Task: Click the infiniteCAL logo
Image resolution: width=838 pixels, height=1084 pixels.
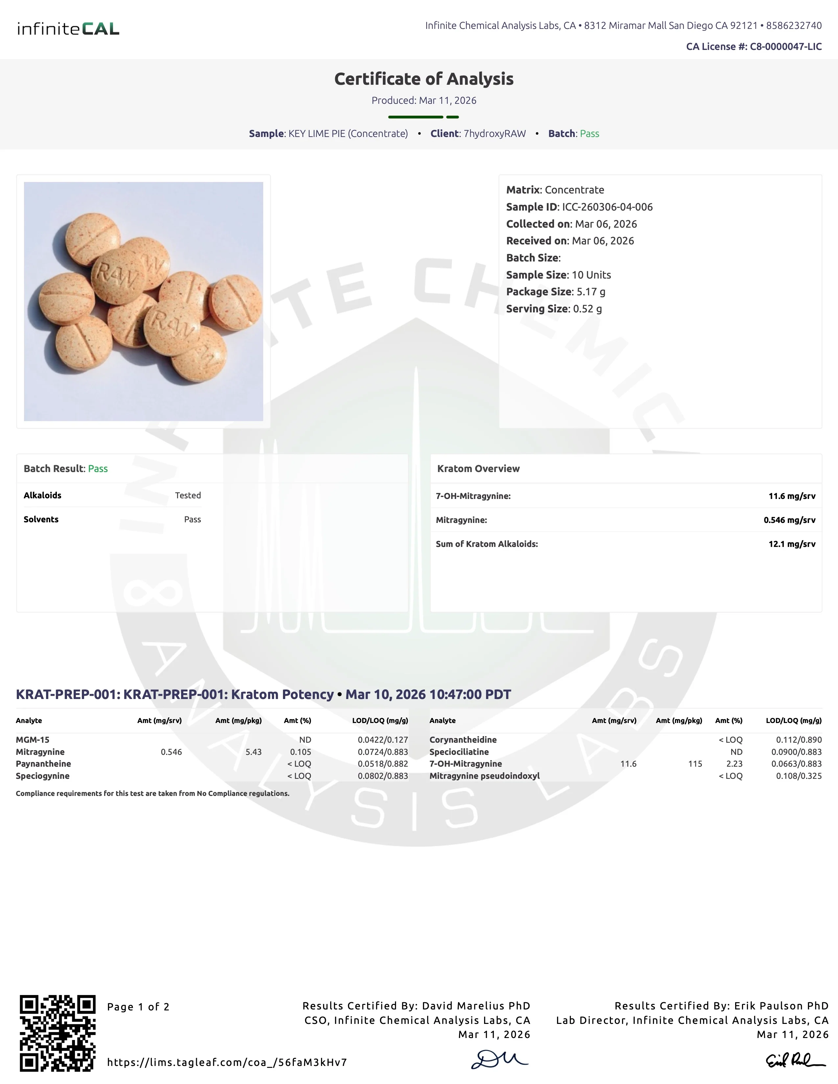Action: [68, 29]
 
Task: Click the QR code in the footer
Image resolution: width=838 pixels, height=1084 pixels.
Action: [58, 1033]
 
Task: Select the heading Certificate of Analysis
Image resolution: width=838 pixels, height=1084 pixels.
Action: [424, 79]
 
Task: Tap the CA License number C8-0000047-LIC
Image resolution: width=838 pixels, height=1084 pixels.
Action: [785, 47]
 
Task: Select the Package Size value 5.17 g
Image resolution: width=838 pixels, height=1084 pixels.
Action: [591, 292]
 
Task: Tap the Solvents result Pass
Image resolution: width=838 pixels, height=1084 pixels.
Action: [192, 519]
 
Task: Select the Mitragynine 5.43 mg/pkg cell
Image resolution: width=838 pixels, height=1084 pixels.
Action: [253, 752]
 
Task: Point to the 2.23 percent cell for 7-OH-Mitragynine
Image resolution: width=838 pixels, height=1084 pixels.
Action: [734, 764]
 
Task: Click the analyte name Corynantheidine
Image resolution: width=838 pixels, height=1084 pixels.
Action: [463, 739]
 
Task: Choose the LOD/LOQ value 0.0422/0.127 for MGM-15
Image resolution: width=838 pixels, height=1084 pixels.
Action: [383, 739]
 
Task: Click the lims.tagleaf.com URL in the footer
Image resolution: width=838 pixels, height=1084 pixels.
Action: [227, 1062]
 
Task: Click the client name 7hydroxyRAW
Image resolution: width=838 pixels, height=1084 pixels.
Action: [495, 133]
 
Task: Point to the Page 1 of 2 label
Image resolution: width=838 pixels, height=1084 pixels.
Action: [138, 1007]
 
